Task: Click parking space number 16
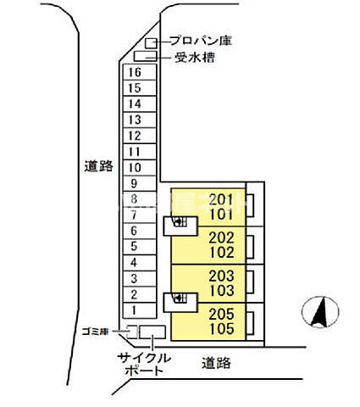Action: point(133,72)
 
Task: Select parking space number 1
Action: point(133,310)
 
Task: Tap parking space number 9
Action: point(133,183)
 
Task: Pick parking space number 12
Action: point(133,136)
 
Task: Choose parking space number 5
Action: point(133,247)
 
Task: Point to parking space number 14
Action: point(133,103)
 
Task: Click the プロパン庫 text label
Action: point(201,41)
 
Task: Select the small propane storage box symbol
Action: point(151,42)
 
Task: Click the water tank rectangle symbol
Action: point(145,57)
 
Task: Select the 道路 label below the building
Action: point(217,363)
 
